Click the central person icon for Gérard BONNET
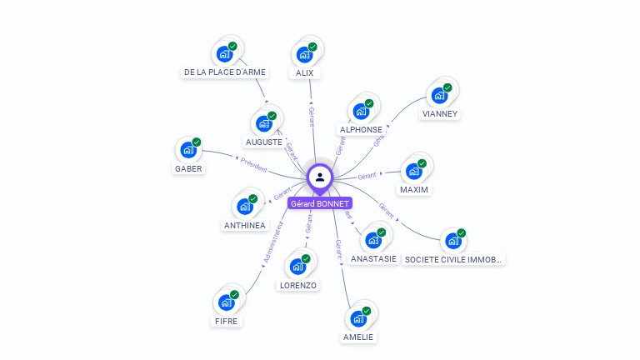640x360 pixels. point(320,177)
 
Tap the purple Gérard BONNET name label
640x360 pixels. point(320,203)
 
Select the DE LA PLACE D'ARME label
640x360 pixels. point(225,72)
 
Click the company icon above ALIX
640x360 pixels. point(304,54)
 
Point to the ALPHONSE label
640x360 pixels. point(361,130)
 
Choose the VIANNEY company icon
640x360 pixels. point(439,95)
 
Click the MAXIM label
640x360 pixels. point(414,190)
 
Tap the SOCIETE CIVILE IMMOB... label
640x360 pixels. point(453,260)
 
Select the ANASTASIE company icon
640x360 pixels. point(373,240)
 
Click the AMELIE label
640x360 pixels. point(358,337)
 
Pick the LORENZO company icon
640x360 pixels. point(297,267)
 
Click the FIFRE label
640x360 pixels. point(226,321)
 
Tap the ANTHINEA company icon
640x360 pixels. point(245,206)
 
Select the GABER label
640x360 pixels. point(188,169)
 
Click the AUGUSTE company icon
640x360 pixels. point(264,122)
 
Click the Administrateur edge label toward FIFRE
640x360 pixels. point(272,242)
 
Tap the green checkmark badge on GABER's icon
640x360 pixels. point(197,142)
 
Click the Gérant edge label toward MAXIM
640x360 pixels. point(367,176)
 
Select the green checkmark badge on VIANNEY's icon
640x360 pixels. point(447,87)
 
